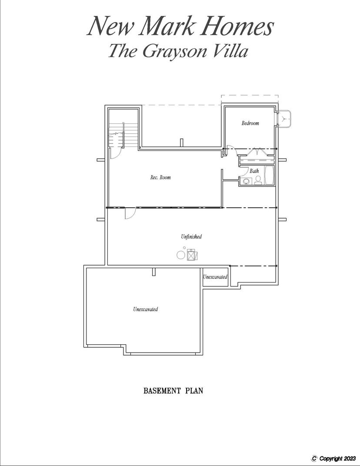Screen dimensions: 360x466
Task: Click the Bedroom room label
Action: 250,123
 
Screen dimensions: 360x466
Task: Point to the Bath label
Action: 254,171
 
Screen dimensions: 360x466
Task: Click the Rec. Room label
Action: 160,177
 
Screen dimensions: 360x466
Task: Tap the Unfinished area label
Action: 191,236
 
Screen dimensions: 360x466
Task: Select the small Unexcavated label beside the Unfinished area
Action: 215,277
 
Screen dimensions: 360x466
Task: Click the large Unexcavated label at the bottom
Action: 145,309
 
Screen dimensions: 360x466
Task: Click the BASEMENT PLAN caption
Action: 173,390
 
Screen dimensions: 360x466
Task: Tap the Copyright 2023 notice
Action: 333,458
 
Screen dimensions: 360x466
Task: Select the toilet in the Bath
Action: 258,180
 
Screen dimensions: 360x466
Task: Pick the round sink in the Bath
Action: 247,181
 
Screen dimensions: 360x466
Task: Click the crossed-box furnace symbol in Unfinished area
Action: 191,255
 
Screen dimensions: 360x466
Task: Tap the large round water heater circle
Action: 180,255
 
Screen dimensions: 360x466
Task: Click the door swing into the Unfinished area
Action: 130,213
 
